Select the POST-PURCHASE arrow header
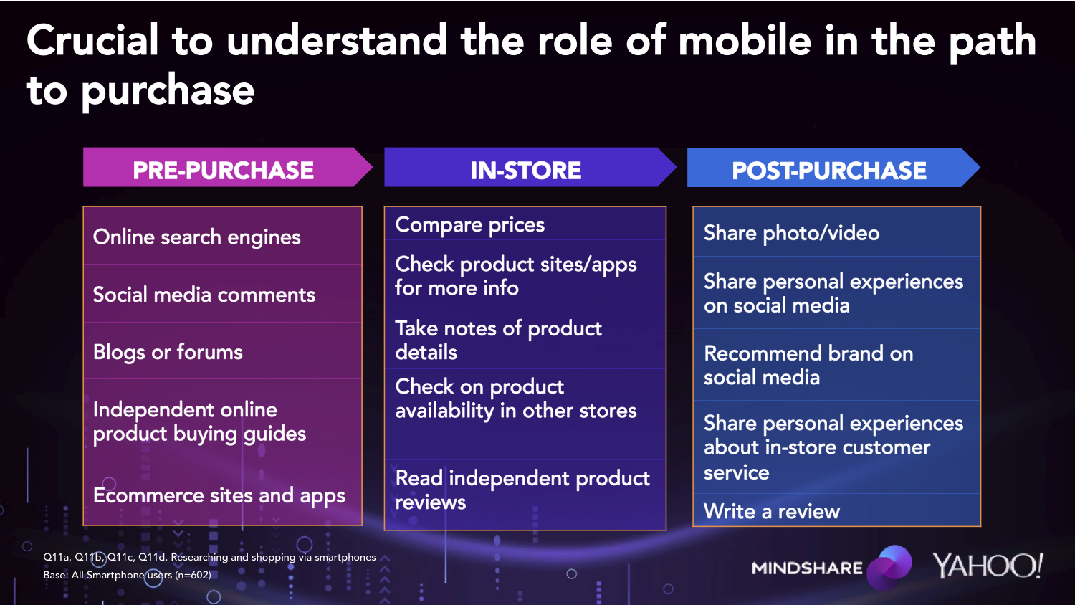(x=833, y=167)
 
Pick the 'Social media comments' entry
(x=204, y=295)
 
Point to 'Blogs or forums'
(x=168, y=353)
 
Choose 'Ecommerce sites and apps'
(x=219, y=496)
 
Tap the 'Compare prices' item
(x=470, y=225)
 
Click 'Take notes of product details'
(x=498, y=340)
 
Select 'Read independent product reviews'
(x=522, y=490)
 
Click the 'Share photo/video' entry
(x=791, y=234)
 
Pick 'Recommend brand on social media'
(x=808, y=365)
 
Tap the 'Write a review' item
(x=772, y=511)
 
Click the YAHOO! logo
(x=988, y=566)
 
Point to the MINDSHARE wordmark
(x=807, y=568)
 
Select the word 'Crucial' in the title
(x=92, y=41)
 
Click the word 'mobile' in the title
(x=745, y=41)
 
